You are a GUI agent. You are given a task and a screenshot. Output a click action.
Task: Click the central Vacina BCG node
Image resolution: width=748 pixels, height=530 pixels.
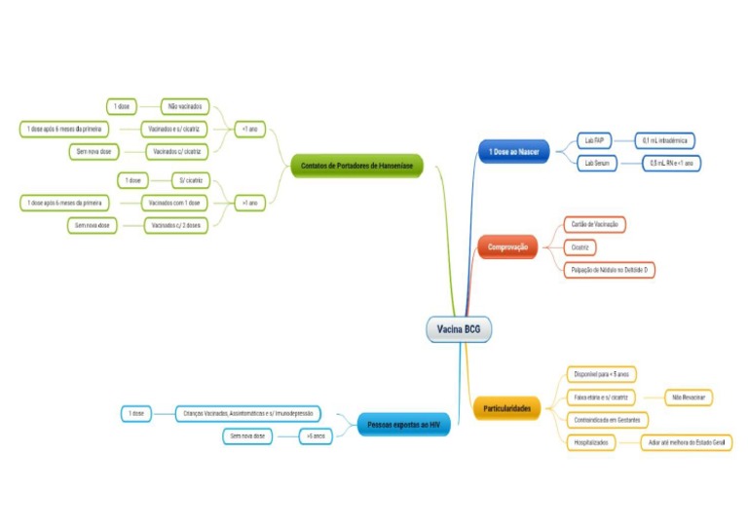(x=459, y=329)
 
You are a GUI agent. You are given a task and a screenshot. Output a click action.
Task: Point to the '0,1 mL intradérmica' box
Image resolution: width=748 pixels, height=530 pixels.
(x=666, y=140)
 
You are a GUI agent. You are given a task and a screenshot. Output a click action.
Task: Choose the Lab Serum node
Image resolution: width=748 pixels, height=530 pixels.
(x=596, y=163)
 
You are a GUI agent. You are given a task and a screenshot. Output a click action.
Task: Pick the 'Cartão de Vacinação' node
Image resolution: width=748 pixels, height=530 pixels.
(x=595, y=225)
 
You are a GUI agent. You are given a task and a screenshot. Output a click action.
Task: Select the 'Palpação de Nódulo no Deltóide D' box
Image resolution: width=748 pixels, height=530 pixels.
(x=610, y=270)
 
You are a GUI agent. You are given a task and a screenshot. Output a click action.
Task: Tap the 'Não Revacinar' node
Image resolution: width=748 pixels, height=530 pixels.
(x=690, y=397)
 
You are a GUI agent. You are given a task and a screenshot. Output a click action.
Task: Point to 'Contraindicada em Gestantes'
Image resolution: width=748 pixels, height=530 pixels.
(x=607, y=420)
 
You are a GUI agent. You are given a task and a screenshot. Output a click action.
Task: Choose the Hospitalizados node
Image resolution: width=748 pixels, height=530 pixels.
(x=591, y=442)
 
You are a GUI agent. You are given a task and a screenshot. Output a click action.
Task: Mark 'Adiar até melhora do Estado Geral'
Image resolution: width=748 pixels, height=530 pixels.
(x=687, y=442)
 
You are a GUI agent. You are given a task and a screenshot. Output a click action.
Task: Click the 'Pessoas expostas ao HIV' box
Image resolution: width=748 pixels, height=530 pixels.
(x=402, y=425)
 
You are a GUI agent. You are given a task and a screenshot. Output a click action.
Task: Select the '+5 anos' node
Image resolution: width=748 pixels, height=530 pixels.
(x=315, y=436)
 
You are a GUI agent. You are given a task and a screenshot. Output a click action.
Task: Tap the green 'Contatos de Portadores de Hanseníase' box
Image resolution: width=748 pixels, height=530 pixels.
(x=356, y=167)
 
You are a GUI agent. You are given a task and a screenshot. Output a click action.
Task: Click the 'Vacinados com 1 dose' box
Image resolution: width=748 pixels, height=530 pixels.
(x=172, y=203)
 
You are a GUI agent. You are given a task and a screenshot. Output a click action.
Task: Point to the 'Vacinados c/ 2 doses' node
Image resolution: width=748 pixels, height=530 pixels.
(x=174, y=226)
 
